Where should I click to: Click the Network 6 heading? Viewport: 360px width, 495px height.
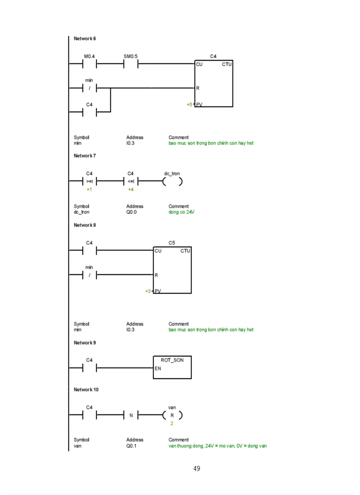coord(85,39)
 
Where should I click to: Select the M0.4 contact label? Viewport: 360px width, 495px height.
coord(90,56)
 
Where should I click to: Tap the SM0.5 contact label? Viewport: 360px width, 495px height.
coord(131,56)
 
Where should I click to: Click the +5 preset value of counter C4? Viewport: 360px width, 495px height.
coord(189,104)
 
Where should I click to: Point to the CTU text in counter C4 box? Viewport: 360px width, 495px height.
coord(227,64)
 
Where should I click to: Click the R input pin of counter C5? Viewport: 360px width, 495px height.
coord(156,275)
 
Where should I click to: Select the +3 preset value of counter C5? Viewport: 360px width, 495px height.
coord(148,291)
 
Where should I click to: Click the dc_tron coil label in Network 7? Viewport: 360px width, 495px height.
coord(172,174)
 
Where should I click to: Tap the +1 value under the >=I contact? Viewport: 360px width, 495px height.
coord(89,189)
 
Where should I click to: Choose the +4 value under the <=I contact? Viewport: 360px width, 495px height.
coord(131,189)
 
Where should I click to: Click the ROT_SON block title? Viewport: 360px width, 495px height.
coord(172,360)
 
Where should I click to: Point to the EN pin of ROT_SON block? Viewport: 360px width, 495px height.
coord(157,368)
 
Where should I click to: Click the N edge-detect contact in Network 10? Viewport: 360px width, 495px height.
coord(131,415)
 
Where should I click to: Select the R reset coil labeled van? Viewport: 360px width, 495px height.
coord(172,415)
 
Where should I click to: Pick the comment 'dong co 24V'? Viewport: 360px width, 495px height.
coord(181,212)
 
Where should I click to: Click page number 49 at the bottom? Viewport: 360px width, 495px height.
coord(197,469)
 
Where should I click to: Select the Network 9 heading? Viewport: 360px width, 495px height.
coord(85,343)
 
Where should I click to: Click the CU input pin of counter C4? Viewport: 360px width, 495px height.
coord(199,64)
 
